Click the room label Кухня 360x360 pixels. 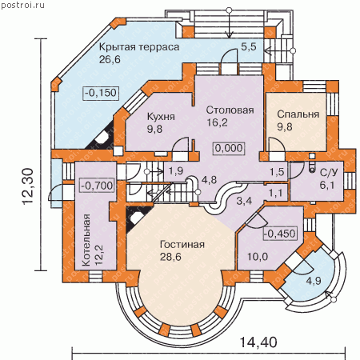point(161,117)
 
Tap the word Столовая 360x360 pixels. point(230,110)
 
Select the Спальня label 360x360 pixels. point(298,114)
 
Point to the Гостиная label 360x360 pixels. point(182,245)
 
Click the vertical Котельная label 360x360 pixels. point(86,240)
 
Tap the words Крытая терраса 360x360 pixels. point(139,47)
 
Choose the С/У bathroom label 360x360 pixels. point(329,173)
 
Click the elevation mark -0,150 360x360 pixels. point(101,93)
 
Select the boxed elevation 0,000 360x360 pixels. point(229,148)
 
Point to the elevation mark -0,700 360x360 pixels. point(98,186)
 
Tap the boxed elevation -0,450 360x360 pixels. point(280,234)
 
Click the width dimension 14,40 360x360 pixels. point(258,342)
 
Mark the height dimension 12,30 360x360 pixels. point(28,186)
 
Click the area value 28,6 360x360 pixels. point(170,257)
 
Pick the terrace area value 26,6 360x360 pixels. point(110,59)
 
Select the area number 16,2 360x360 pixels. point(217,122)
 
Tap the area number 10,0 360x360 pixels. point(258,257)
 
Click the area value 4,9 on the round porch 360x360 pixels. point(314,281)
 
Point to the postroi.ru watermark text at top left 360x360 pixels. point(22,5)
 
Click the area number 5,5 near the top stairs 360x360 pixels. point(249,46)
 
